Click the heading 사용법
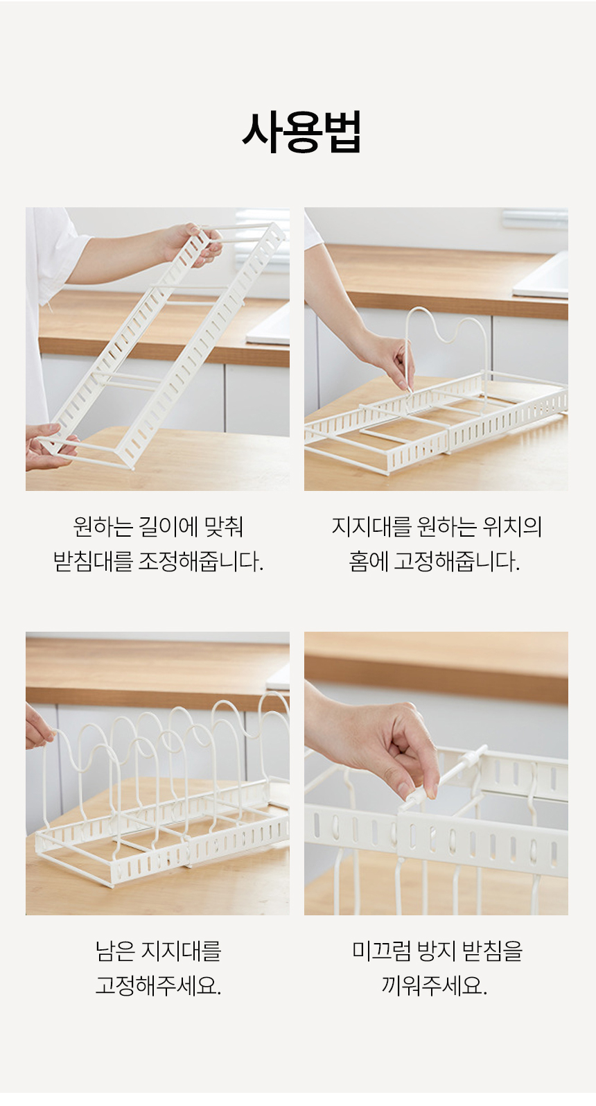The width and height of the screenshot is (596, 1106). [301, 132]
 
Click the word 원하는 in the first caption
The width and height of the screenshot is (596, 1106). [103, 526]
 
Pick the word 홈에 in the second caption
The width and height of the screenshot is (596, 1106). [368, 561]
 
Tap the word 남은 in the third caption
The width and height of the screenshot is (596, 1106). [115, 951]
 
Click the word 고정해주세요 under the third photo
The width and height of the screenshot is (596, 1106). [158, 985]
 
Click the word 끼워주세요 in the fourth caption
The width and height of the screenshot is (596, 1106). [435, 985]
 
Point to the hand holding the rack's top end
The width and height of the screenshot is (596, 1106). [194, 243]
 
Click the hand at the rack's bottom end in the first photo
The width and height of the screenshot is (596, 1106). [45, 447]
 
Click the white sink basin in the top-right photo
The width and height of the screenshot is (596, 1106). [544, 277]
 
